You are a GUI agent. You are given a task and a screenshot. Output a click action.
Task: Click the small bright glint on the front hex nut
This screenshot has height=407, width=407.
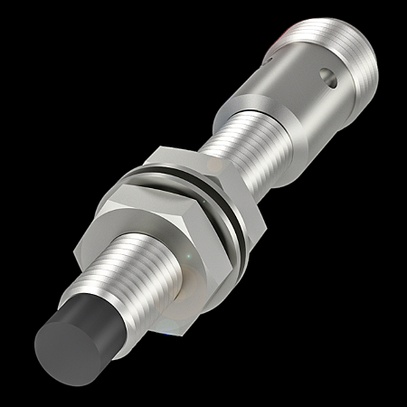pos(187,260)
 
